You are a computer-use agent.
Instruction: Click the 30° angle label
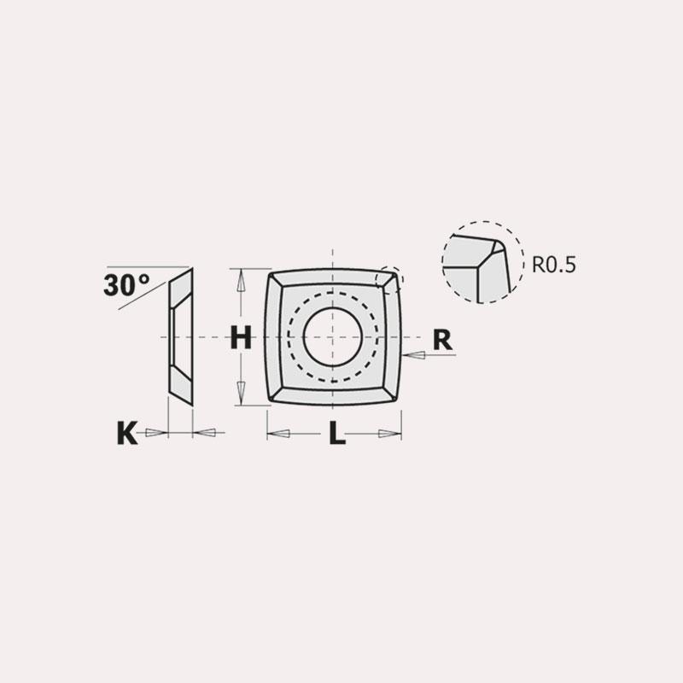coord(126,285)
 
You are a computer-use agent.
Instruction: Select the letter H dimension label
coord(241,338)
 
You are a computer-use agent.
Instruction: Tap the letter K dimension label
coord(127,433)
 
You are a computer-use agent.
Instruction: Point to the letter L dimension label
coord(337,434)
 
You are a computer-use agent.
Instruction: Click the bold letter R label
coord(442,341)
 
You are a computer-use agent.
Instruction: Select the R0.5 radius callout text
coord(553,265)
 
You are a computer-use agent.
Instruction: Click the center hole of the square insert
coord(333,337)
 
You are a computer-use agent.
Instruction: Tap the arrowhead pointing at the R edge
coord(414,355)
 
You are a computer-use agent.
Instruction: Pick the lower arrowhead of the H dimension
coord(240,391)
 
